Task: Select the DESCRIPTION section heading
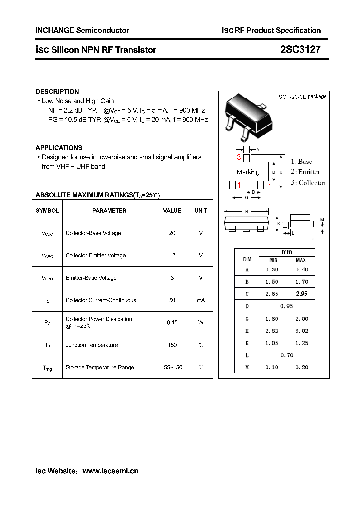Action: click(x=57, y=92)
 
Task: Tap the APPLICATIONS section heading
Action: click(x=59, y=148)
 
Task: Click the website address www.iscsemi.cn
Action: click(x=110, y=471)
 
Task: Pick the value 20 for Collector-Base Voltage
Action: click(x=172, y=233)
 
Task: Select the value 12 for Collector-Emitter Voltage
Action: click(x=172, y=255)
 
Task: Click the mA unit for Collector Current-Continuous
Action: click(x=201, y=300)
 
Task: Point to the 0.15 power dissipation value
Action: click(x=172, y=322)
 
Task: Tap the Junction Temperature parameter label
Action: click(x=92, y=345)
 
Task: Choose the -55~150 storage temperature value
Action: click(x=172, y=367)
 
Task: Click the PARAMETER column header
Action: click(x=109, y=211)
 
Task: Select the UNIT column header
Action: click(x=201, y=211)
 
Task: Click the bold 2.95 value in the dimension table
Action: click(x=301, y=294)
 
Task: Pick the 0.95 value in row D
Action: click(x=287, y=306)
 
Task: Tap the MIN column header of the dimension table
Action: click(x=274, y=260)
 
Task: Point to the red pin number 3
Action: click(x=239, y=157)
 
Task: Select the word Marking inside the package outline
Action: click(x=248, y=172)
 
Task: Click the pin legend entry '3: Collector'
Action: click(x=308, y=183)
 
